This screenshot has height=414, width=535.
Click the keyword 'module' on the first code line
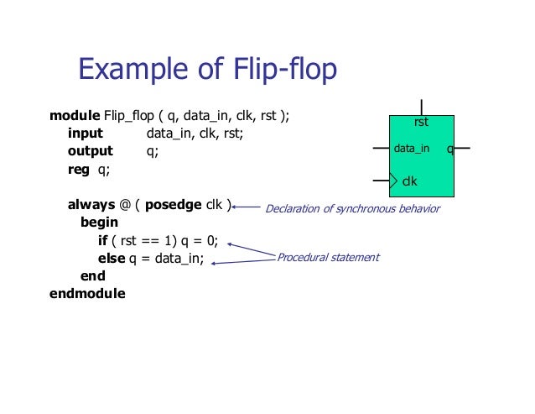75,114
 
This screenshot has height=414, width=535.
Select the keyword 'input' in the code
85,133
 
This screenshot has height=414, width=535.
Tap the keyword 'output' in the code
90,151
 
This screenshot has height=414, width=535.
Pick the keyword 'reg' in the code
77,169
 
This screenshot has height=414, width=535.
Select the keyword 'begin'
99,223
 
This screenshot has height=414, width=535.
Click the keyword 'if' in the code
103,240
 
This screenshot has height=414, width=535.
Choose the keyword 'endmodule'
87,294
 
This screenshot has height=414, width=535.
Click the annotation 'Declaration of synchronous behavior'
352,208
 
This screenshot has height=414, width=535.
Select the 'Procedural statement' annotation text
328,257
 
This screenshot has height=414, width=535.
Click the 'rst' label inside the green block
421,123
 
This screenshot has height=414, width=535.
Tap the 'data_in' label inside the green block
411,149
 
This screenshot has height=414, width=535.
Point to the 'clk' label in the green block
410,180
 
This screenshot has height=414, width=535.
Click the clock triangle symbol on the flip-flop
396,180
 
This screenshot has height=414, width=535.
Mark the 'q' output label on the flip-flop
450,149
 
